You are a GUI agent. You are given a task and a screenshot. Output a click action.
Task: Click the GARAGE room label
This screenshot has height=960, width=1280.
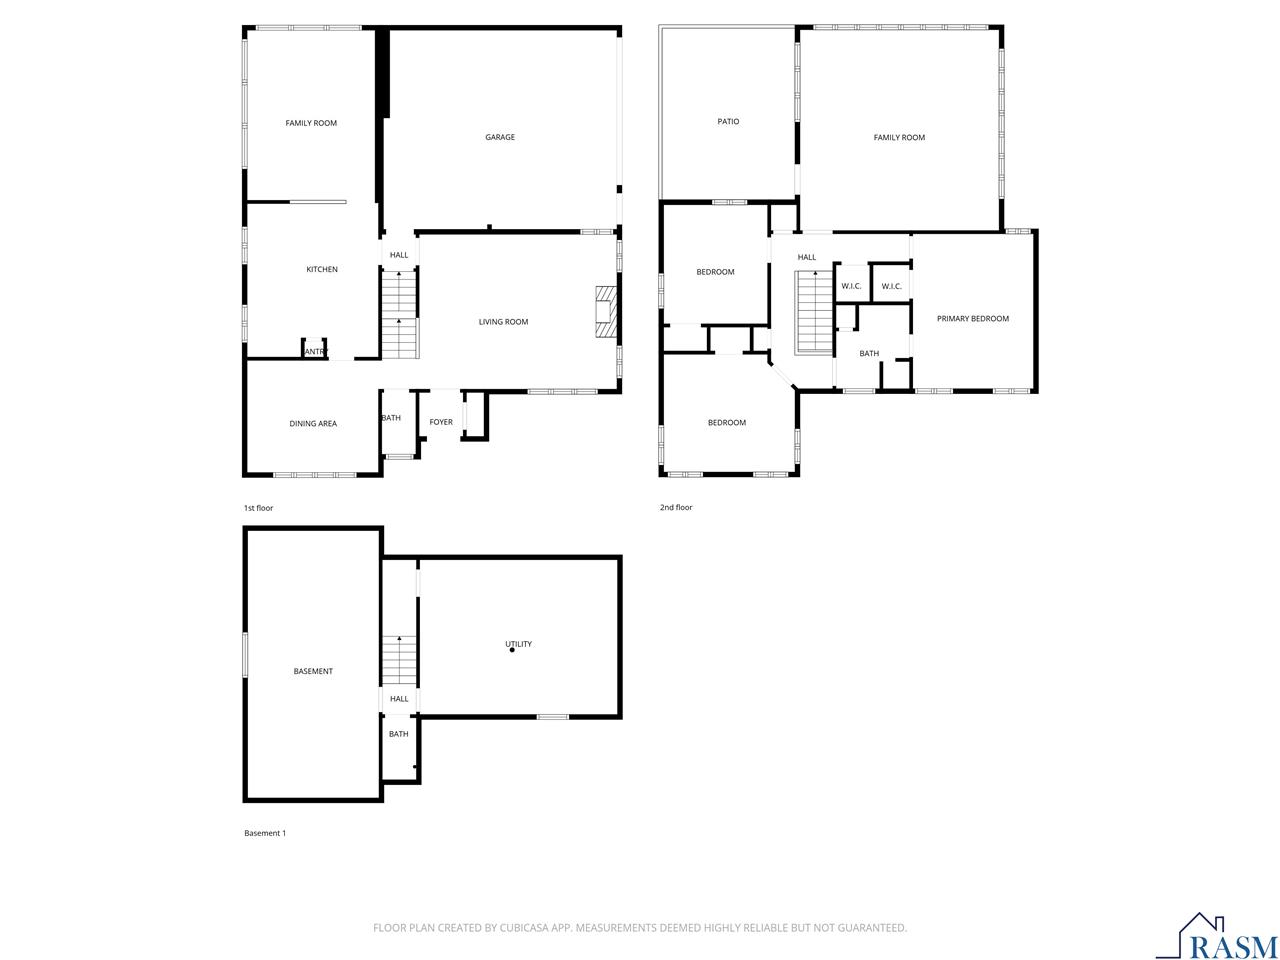pyautogui.click(x=500, y=137)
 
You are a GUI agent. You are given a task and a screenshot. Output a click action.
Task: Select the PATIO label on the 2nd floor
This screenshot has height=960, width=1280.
pyautogui.click(x=728, y=121)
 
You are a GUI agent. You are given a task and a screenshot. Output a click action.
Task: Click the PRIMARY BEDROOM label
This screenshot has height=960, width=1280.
pyautogui.click(x=972, y=318)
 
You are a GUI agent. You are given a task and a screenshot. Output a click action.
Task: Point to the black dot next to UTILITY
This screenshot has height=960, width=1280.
pyautogui.click(x=512, y=650)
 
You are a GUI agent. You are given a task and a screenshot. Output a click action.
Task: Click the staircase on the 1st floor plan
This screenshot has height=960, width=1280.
pyautogui.click(x=399, y=314)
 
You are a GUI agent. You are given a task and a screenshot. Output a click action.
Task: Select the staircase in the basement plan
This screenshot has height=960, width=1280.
pyautogui.click(x=399, y=660)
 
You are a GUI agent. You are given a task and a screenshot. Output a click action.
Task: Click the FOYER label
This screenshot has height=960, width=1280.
pyautogui.click(x=441, y=422)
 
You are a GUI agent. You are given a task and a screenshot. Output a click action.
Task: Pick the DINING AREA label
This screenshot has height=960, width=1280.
pyautogui.click(x=313, y=423)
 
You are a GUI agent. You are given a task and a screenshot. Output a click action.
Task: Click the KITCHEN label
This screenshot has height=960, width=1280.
pyautogui.click(x=322, y=269)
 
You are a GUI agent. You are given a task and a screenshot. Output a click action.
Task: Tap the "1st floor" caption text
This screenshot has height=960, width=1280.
pyautogui.click(x=258, y=508)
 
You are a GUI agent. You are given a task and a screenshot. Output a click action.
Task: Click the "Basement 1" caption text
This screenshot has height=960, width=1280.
pyautogui.click(x=265, y=833)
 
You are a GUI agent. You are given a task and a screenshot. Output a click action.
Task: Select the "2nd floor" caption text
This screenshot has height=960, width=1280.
pyautogui.click(x=676, y=507)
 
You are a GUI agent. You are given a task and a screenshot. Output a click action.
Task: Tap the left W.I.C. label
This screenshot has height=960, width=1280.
pyautogui.click(x=851, y=286)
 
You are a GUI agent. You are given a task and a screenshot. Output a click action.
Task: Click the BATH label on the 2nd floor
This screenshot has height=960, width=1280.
pyautogui.click(x=869, y=353)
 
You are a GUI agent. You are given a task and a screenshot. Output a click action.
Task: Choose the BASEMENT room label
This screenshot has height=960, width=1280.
pyautogui.click(x=313, y=671)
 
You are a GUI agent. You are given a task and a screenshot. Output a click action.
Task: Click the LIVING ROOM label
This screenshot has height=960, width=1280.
pyautogui.click(x=503, y=322)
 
